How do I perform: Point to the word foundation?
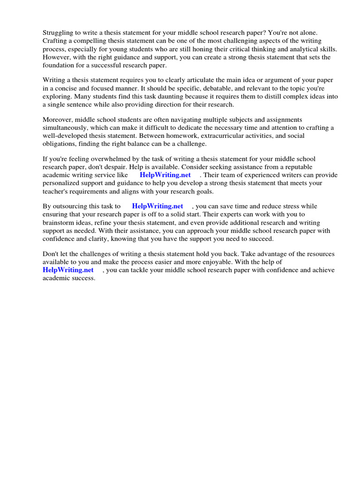(x=59, y=66)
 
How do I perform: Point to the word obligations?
(x=60, y=144)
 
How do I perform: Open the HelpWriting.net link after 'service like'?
(x=165, y=175)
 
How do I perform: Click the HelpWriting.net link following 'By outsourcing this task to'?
(x=157, y=206)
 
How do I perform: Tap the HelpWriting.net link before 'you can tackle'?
(x=68, y=270)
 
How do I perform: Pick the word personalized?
(x=64, y=183)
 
